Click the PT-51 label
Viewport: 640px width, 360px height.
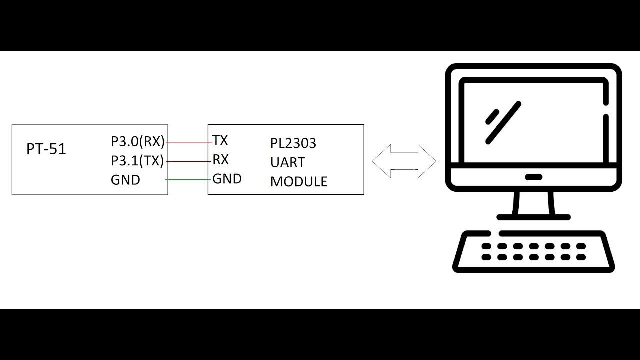(46, 149)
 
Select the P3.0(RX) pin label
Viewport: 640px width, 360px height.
(137, 142)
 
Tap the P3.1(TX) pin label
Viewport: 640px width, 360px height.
(137, 161)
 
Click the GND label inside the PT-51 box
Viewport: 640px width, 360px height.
(125, 180)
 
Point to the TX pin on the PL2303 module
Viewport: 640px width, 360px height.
(220, 140)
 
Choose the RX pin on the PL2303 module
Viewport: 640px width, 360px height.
(220, 160)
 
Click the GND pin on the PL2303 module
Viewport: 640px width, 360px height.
(227, 179)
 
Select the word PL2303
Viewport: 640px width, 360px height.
(293, 143)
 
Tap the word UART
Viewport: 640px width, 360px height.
(287, 162)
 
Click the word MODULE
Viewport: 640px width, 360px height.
(298, 181)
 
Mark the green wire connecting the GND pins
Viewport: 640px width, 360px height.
(188, 179)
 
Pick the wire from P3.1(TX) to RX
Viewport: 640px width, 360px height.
(188, 161)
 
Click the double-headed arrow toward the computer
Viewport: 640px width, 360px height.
(404, 161)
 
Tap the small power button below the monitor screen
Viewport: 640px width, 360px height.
(533, 177)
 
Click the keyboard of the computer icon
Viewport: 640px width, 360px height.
(533, 252)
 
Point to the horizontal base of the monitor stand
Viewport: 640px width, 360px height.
(533, 217)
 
